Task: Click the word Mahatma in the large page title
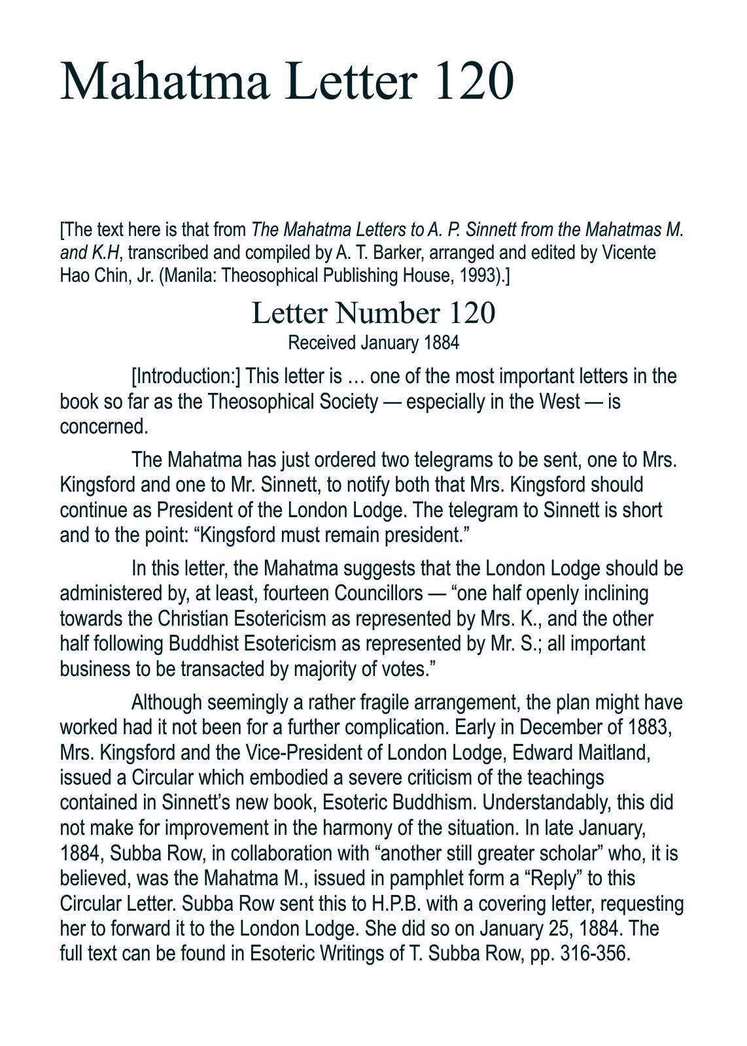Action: point(165,81)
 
